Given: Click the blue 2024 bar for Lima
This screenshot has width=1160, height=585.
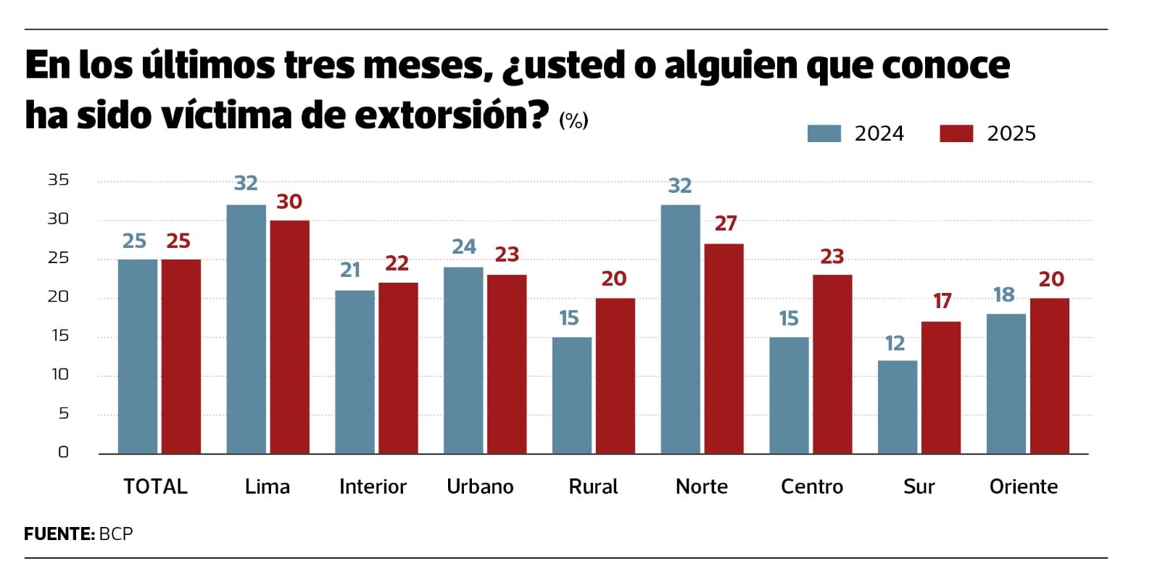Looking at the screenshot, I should pyautogui.click(x=246, y=329).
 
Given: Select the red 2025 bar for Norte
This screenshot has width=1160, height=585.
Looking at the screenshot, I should pyautogui.click(x=724, y=349).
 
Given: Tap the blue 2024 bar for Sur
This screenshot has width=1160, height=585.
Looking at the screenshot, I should pyautogui.click(x=897, y=407).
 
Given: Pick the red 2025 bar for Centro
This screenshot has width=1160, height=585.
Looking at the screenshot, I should pyautogui.click(x=832, y=364).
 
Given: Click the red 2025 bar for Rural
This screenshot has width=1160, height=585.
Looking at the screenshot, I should pyautogui.click(x=615, y=376).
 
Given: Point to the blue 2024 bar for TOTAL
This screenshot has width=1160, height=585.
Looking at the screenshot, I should pyautogui.click(x=137, y=356).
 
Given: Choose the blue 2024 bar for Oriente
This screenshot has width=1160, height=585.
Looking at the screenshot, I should pyautogui.click(x=1006, y=383).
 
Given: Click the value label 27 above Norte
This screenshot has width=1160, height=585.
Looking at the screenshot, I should pyautogui.click(x=726, y=224).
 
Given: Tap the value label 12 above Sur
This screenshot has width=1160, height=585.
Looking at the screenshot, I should pyautogui.click(x=895, y=344).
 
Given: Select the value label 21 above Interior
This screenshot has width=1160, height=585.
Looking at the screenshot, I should pyautogui.click(x=350, y=270).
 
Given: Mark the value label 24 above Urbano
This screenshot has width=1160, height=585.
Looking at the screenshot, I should pyautogui.click(x=464, y=247).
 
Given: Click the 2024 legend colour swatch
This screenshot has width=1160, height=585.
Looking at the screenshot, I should pyautogui.click(x=824, y=134).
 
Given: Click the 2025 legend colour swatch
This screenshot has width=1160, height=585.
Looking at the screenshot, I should pyautogui.click(x=956, y=134).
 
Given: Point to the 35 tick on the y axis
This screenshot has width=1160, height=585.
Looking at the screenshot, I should pyautogui.click(x=58, y=180).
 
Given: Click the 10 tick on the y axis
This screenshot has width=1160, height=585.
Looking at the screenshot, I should pyautogui.click(x=59, y=375).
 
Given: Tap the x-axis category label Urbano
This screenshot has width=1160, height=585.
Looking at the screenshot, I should pyautogui.click(x=480, y=486).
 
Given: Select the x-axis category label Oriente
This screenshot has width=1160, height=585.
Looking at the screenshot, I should pyautogui.click(x=1023, y=486).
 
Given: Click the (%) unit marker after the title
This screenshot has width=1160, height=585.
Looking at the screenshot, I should pyautogui.click(x=573, y=120).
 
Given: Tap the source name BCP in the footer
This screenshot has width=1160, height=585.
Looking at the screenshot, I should pyautogui.click(x=116, y=534).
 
